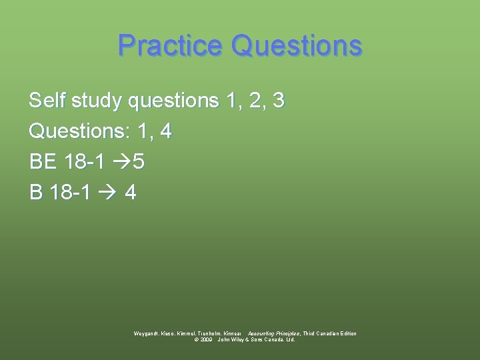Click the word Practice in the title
pos(169,46)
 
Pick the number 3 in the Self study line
pos(279,101)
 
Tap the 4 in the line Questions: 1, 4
pos(166,131)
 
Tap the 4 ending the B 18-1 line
pos(131,193)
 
